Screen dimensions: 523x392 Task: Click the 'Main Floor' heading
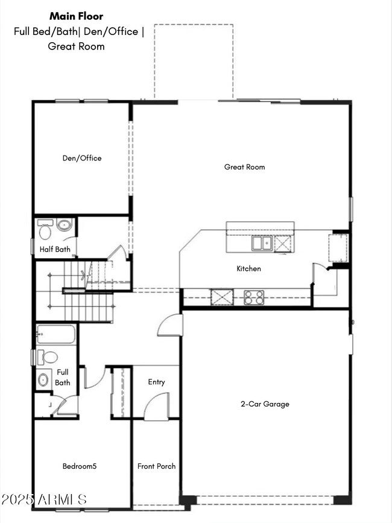[76, 16]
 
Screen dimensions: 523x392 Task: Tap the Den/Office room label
[82, 158]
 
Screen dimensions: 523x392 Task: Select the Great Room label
[244, 167]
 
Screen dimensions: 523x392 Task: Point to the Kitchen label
[248, 268]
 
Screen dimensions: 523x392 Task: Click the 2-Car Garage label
[265, 404]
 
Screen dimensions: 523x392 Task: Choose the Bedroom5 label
[80, 466]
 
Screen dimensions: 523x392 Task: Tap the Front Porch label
[157, 466]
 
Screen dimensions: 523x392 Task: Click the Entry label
[156, 382]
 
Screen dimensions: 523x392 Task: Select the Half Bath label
[55, 249]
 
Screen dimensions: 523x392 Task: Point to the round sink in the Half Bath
[65, 226]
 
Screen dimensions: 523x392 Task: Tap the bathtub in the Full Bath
[55, 334]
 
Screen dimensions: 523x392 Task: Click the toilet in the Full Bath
[48, 357]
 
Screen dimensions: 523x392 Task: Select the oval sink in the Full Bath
[44, 380]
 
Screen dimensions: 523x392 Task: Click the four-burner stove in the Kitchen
[254, 297]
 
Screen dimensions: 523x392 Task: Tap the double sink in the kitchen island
[262, 243]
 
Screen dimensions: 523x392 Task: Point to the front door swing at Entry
[158, 407]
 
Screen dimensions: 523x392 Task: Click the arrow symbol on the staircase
[82, 276]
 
